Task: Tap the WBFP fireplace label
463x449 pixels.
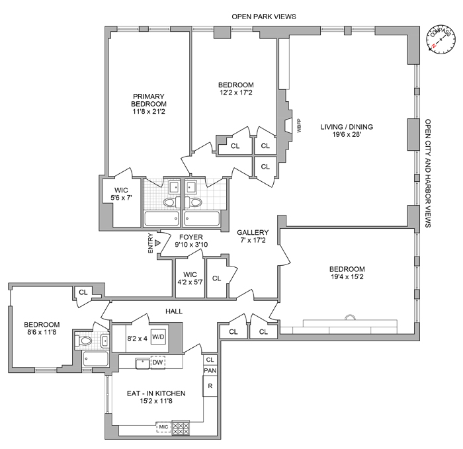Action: (299, 126)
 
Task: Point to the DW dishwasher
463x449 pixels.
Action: (157, 362)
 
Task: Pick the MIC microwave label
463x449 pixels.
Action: (163, 427)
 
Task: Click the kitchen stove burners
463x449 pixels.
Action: (181, 427)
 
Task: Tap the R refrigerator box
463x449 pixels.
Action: (210, 386)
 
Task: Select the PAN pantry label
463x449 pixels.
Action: (210, 370)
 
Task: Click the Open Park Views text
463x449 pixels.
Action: (263, 16)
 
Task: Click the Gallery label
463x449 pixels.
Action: (253, 232)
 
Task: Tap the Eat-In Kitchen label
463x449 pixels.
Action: (156, 393)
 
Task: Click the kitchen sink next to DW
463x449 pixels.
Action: (141, 362)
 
